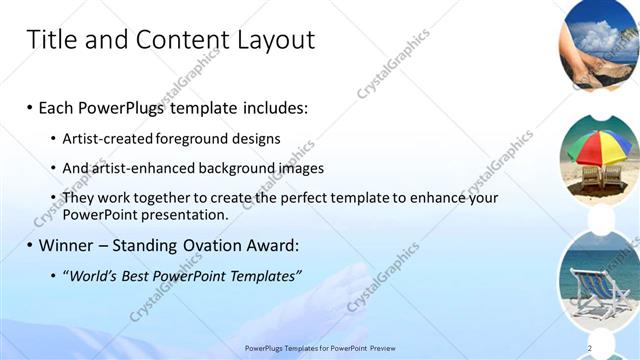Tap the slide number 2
click(590, 348)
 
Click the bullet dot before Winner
click(29, 245)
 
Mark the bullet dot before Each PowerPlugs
click(29, 107)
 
